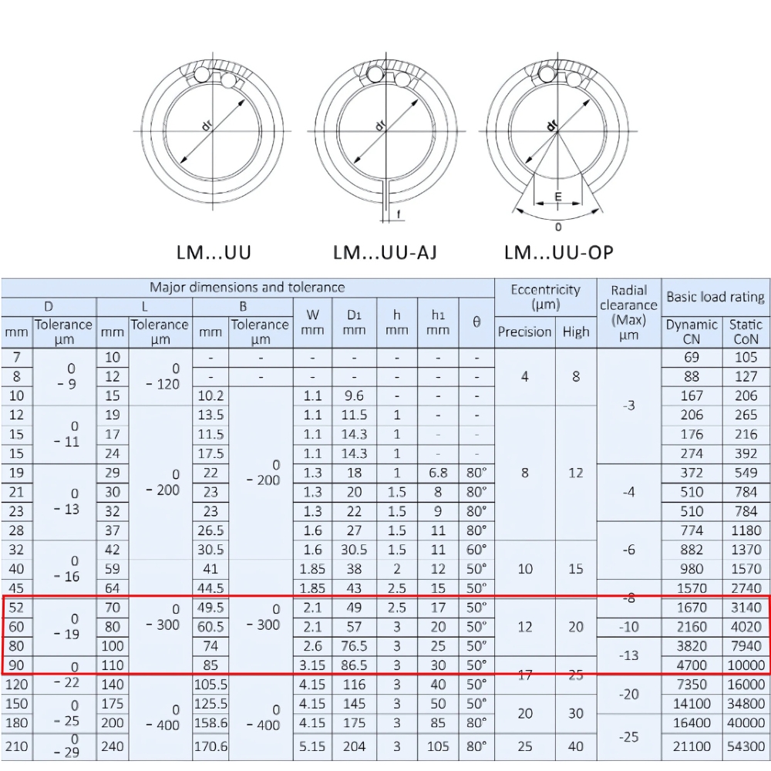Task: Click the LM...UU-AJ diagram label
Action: click(x=385, y=252)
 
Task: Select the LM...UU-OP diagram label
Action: click(x=559, y=252)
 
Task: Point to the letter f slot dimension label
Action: click(x=399, y=214)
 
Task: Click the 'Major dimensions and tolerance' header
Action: click(x=247, y=288)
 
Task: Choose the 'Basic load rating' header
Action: click(x=715, y=297)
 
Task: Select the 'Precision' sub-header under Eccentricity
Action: click(x=524, y=332)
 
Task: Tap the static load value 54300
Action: click(x=746, y=746)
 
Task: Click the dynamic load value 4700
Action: click(x=692, y=665)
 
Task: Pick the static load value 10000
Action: click(x=746, y=665)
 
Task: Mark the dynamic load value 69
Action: click(x=692, y=357)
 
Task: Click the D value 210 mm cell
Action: click(x=17, y=746)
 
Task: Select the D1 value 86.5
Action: click(x=354, y=665)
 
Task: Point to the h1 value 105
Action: click(x=438, y=746)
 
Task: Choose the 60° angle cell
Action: click(x=476, y=550)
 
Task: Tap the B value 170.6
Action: click(x=210, y=746)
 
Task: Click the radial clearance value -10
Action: click(x=628, y=627)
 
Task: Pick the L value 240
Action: click(x=113, y=746)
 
